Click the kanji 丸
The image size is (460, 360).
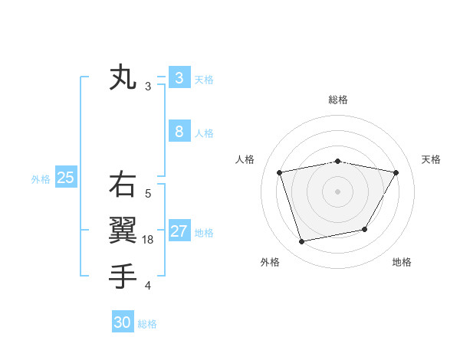click(123, 78)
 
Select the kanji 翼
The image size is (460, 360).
click(123, 229)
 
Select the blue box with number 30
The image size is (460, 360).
click(123, 322)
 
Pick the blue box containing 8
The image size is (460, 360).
click(179, 132)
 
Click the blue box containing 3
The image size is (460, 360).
click(179, 78)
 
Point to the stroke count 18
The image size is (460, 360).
click(149, 240)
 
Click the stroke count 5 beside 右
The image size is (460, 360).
click(148, 194)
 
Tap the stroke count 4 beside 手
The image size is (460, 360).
click(148, 286)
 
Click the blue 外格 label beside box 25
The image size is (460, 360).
click(41, 179)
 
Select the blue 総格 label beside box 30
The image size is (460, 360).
click(148, 324)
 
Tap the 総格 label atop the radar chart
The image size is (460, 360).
click(338, 100)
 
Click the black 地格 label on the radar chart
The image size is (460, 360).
click(402, 263)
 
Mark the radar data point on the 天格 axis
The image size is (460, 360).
click(396, 172)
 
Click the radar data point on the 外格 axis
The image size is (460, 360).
click(302, 241)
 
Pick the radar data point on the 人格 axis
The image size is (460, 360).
click(280, 172)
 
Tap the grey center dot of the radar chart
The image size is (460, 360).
click(338, 191)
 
